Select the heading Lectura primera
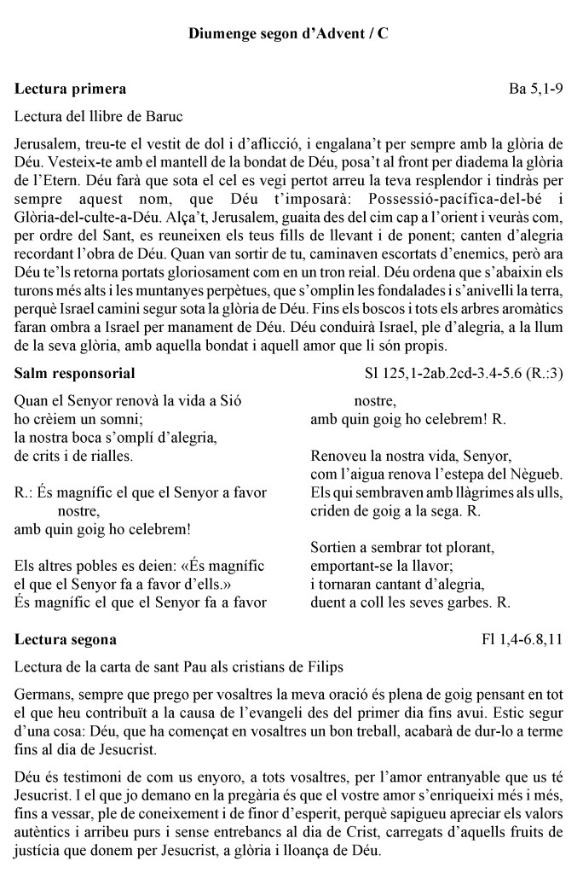71,89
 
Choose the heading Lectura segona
66,639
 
